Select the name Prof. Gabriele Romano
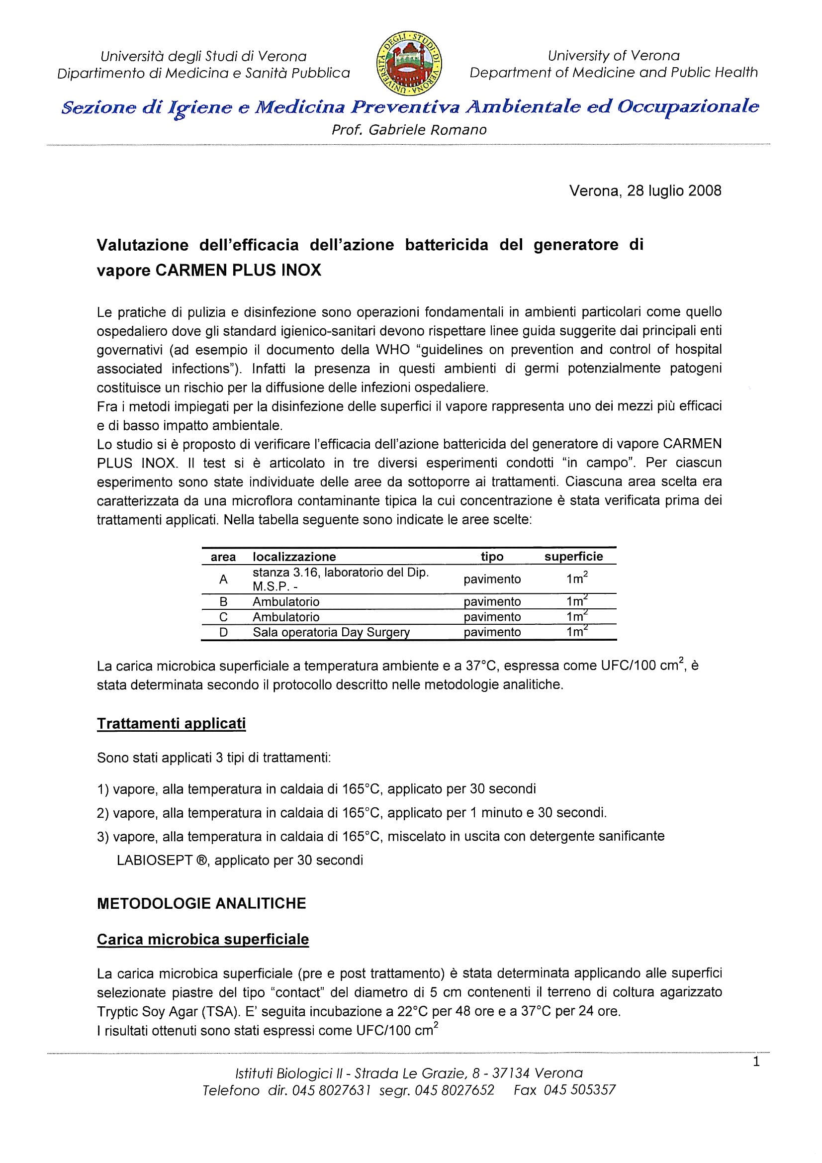point(409,130)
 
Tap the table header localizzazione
point(294,557)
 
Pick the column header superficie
point(573,557)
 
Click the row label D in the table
point(223,632)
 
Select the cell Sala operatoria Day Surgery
point(331,632)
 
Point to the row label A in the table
point(223,580)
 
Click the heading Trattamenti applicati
point(171,724)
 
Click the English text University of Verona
point(613,56)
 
